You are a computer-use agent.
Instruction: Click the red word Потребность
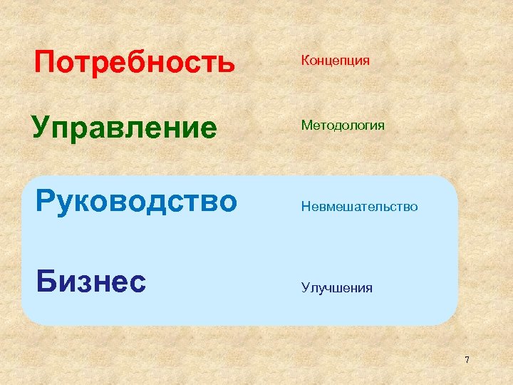135,63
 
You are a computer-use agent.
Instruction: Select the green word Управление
124,129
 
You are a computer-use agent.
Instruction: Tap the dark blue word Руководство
136,202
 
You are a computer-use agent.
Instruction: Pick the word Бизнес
91,282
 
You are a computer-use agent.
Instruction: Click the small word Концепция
335,61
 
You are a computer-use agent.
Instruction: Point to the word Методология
343,125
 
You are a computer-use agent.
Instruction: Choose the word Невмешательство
359,207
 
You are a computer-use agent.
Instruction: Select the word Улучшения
336,288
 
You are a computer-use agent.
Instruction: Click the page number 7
467,360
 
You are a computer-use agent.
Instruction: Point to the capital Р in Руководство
46,202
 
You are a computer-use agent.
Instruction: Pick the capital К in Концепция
306,60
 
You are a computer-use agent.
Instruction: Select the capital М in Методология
306,125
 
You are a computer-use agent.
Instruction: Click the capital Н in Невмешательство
306,207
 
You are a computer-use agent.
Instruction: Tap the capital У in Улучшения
305,288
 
